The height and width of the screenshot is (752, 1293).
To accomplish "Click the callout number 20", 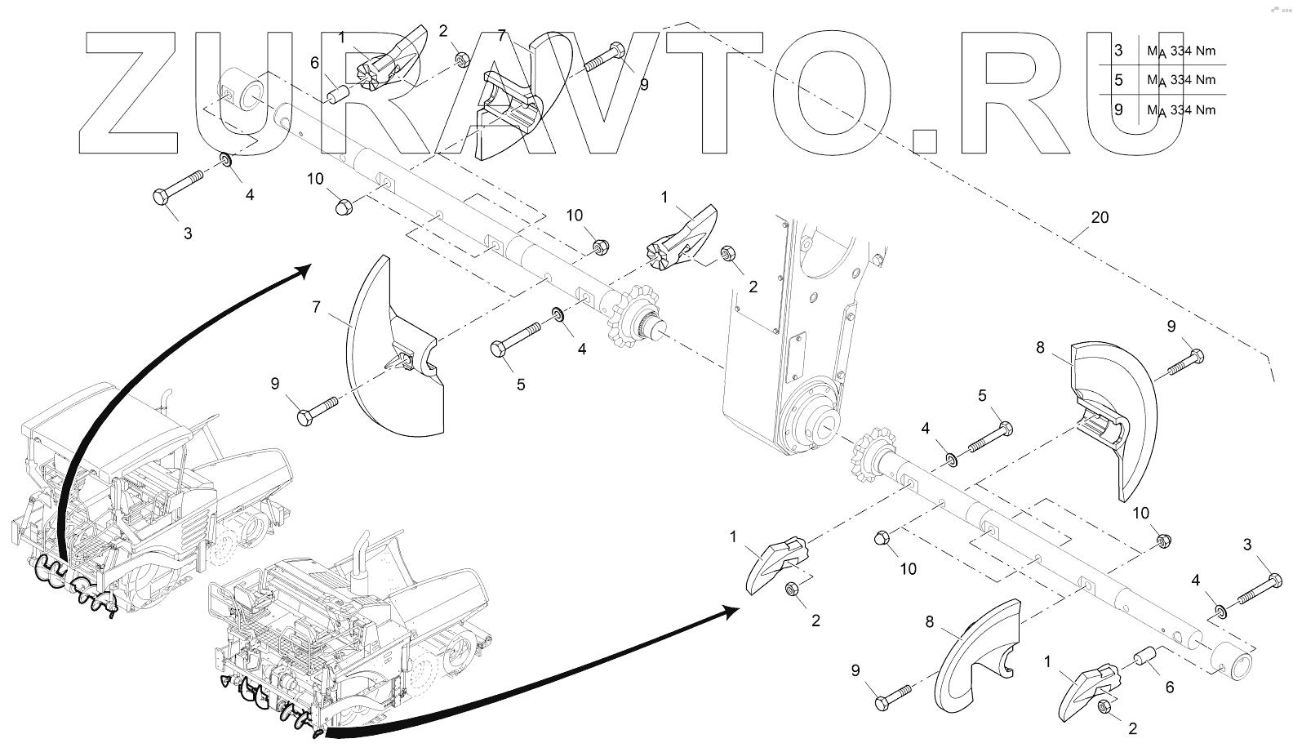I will coord(1100,217).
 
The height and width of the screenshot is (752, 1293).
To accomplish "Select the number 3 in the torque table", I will coord(1118,51).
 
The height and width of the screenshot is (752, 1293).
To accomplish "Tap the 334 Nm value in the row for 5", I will coord(1193,80).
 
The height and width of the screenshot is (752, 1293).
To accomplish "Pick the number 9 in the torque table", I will coord(1118,109).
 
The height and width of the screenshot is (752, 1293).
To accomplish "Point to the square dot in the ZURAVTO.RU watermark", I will coord(926,140).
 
